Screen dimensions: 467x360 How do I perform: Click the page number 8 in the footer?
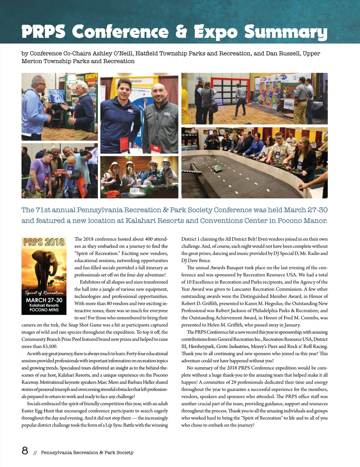[25, 451]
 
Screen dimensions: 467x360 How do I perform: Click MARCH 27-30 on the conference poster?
[44, 300]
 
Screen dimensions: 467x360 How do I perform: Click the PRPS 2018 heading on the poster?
[44, 242]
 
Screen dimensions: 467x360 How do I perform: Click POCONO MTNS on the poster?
[44, 310]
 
